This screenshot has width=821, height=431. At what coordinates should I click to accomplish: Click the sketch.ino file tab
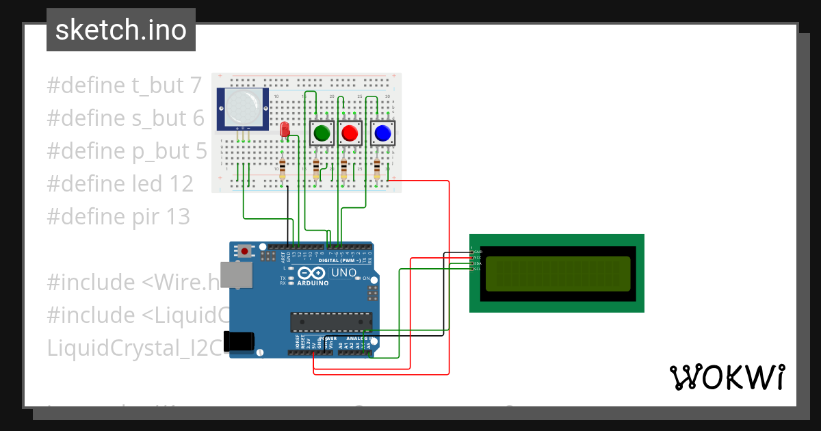(x=121, y=30)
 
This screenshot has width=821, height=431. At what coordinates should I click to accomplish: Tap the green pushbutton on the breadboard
(x=321, y=133)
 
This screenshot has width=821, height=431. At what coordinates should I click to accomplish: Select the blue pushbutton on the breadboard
(x=383, y=133)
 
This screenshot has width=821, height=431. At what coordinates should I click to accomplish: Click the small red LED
(x=285, y=129)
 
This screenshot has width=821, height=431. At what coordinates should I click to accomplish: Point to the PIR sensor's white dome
(x=242, y=107)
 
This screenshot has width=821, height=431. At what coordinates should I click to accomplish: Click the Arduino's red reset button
(x=244, y=251)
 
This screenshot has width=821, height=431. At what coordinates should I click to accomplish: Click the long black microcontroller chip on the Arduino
(x=332, y=321)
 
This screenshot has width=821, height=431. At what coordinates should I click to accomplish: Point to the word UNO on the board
(x=344, y=273)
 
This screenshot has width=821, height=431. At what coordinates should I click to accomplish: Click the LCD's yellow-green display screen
(x=556, y=272)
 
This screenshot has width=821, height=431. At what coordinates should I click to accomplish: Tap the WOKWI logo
(x=727, y=377)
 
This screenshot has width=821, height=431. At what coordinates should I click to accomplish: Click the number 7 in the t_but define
(x=195, y=86)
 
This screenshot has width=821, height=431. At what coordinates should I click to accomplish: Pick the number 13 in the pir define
(x=178, y=217)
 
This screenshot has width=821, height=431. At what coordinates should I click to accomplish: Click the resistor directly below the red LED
(x=283, y=169)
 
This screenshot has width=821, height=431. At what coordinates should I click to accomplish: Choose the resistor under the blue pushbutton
(x=378, y=169)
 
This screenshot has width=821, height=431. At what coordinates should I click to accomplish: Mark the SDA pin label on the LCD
(x=478, y=263)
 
